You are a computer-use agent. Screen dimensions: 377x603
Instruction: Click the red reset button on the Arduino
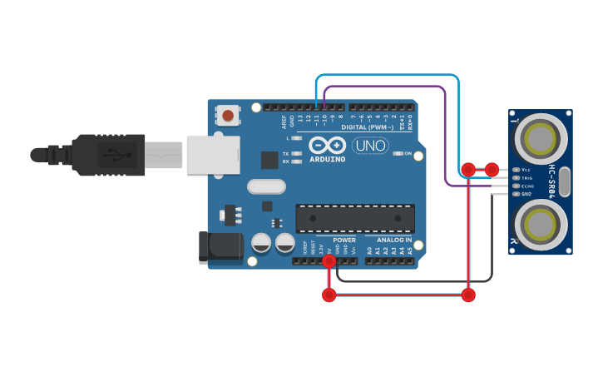228,115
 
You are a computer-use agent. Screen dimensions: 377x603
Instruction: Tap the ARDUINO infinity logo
327,146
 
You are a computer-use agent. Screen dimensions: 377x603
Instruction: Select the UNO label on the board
371,146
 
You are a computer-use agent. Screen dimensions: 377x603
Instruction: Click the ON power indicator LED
398,154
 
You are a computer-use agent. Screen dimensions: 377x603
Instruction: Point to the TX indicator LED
296,154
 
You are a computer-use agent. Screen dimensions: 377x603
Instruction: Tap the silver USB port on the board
213,155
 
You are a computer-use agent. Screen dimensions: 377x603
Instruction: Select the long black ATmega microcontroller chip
355,218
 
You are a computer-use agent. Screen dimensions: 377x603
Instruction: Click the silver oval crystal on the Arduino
266,187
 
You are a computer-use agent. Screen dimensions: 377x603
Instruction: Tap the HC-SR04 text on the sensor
551,181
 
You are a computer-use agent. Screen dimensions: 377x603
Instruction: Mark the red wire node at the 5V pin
329,261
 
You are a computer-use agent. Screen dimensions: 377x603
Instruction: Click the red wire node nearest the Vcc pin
492,170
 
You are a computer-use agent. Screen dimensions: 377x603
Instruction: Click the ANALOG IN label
388,240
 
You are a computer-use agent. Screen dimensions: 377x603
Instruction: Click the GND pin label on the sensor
526,194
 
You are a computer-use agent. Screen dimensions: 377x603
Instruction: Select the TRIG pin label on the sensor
526,177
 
